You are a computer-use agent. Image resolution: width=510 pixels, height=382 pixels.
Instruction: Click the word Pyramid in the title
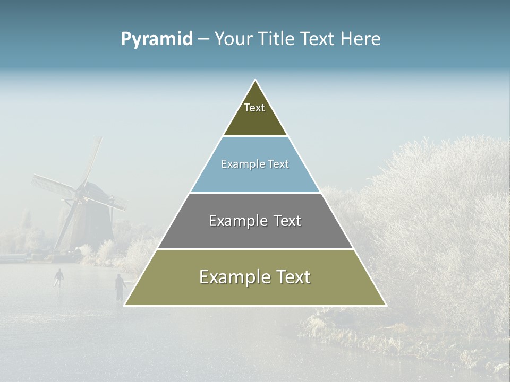[156, 39]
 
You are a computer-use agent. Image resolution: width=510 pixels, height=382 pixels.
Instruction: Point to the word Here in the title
[360, 39]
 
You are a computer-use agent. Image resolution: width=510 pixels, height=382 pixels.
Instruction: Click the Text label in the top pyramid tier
[254, 108]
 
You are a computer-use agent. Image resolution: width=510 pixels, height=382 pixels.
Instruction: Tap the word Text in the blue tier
[278, 164]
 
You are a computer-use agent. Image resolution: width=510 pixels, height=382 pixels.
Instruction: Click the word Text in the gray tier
[287, 221]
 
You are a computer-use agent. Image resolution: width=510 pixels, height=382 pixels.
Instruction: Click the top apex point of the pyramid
[256, 80]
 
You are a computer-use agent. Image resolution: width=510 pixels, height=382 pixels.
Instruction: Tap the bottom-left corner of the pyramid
[124, 305]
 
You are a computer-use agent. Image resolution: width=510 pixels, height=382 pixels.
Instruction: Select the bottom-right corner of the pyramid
[386, 305]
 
